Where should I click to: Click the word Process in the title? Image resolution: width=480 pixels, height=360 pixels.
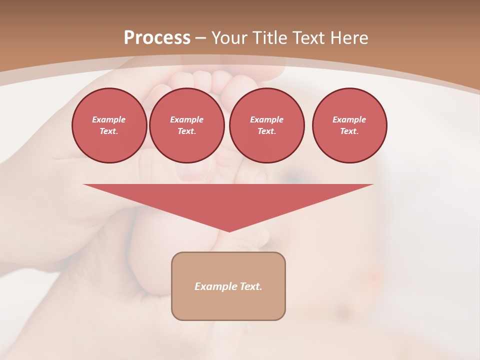[x=157, y=38]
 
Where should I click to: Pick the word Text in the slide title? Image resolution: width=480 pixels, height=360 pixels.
[x=310, y=38]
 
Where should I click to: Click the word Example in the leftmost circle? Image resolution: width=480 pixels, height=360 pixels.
[x=109, y=119]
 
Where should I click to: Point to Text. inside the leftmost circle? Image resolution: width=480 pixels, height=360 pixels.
[x=109, y=131]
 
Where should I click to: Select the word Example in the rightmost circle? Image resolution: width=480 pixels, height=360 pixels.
[x=349, y=119]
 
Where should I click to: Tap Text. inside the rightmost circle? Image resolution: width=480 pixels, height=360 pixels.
[x=349, y=131]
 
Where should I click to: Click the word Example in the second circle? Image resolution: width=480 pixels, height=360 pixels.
[x=186, y=119]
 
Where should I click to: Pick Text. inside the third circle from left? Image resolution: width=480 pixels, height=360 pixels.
[x=266, y=131]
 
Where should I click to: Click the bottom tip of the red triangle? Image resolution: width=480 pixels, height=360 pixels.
[x=229, y=231]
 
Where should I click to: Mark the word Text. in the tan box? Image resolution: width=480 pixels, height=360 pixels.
[x=250, y=286]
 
